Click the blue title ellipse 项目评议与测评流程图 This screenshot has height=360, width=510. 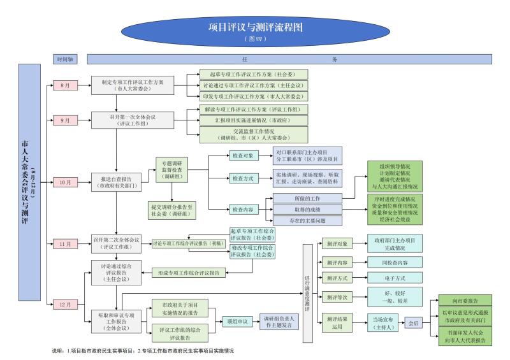(x=254, y=29)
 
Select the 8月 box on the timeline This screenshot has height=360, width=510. (x=65, y=85)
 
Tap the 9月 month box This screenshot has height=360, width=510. (x=65, y=120)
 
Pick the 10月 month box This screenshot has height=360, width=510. (x=65, y=182)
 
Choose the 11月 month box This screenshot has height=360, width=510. (x=65, y=243)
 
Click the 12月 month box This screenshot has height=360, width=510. (x=65, y=303)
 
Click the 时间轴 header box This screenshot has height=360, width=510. (x=65, y=59)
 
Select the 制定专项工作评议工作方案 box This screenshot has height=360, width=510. (x=131, y=85)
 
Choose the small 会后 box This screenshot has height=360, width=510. (x=414, y=323)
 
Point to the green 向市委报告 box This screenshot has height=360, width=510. (x=467, y=300)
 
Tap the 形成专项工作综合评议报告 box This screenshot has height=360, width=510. (x=188, y=273)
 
